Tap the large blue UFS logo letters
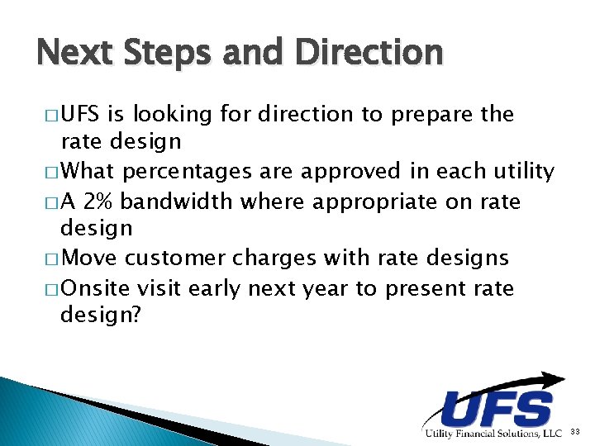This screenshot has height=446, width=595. (x=497, y=409)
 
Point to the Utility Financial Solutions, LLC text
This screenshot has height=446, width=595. (x=493, y=434)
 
